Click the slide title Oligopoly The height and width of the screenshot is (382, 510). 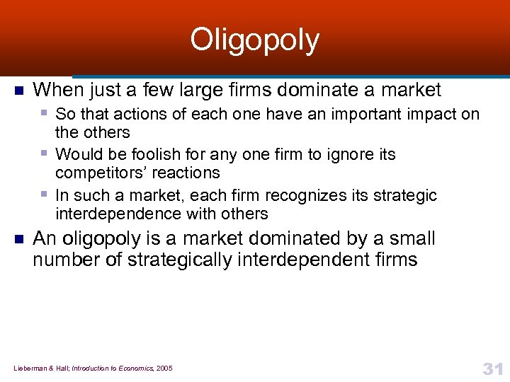[x=254, y=41]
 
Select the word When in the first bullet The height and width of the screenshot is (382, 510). [x=57, y=90]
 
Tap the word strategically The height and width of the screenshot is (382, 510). [x=180, y=260]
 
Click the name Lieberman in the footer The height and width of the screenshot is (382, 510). [x=29, y=369]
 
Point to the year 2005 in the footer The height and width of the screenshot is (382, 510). [x=164, y=369]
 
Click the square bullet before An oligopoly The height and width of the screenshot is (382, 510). [x=18, y=239]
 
